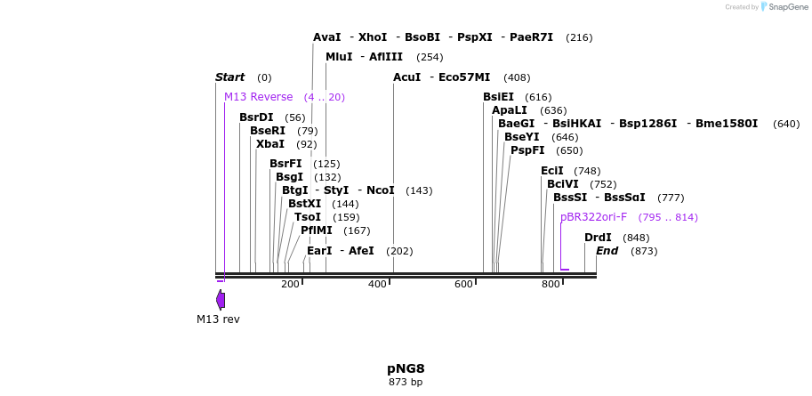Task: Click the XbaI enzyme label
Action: (270, 144)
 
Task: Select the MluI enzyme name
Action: (339, 57)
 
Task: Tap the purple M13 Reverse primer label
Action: (258, 97)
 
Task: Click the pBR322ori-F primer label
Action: (593, 217)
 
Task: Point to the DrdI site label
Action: (598, 238)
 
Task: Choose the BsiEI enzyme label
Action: (498, 97)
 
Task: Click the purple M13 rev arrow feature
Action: (221, 300)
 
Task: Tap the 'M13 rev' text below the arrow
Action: (218, 319)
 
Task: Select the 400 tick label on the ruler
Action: (377, 284)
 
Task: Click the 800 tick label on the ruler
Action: (551, 284)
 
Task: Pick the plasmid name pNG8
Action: (406, 368)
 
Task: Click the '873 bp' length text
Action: (406, 383)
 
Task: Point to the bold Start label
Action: (229, 77)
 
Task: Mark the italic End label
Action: (607, 251)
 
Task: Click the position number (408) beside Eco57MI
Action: (516, 77)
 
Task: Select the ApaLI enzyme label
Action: (511, 110)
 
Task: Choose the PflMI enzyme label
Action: (317, 230)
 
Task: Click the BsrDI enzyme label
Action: (256, 117)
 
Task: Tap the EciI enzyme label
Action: (552, 171)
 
